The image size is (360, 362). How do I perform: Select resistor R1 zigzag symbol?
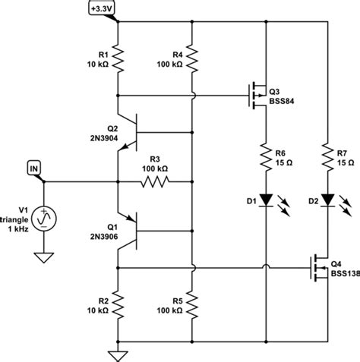(118, 60)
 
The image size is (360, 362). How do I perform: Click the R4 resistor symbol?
(191, 60)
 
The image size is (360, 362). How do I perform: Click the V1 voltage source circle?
(44, 218)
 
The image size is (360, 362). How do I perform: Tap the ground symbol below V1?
(44, 257)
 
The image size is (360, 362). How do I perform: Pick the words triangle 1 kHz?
(15, 223)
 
